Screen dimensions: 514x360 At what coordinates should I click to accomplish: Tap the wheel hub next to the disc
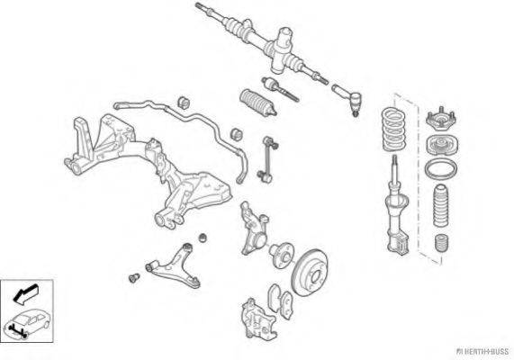click(282, 255)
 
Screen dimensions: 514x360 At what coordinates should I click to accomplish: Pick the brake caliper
click(259, 319)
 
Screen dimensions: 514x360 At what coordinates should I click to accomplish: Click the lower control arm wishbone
click(174, 267)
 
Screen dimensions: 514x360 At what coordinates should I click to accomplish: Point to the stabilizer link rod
click(267, 159)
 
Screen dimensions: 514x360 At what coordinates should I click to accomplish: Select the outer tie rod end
click(347, 99)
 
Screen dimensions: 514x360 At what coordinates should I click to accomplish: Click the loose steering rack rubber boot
click(258, 102)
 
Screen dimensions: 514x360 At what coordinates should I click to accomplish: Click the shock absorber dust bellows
click(440, 206)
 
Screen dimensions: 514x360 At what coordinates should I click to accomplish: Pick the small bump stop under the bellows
click(441, 243)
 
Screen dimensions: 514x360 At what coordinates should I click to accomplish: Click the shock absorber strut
click(397, 210)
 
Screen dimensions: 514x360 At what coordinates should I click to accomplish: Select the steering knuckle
click(254, 229)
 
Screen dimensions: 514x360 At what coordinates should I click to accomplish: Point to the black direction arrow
click(25, 294)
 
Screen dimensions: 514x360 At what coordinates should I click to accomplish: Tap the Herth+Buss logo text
click(482, 352)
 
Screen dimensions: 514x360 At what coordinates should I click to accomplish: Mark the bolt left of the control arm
click(134, 278)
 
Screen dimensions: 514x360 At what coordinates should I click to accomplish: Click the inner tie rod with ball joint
click(280, 89)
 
